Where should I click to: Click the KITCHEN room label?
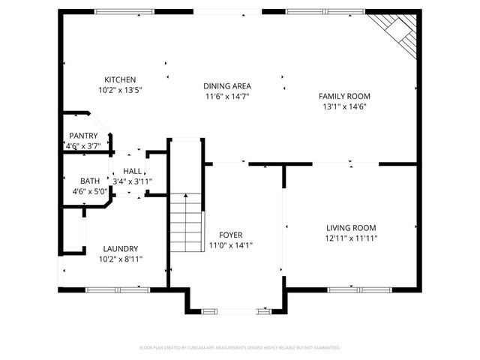point(120,79)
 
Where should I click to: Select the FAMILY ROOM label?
point(344,96)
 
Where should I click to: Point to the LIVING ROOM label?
point(351,228)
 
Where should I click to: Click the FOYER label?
point(230,235)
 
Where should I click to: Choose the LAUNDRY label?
point(120,249)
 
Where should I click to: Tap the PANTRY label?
point(82,136)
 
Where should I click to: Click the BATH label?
point(90,181)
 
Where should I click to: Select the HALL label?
point(133,172)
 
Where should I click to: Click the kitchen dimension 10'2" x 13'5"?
point(120,90)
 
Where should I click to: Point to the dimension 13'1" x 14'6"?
point(344,106)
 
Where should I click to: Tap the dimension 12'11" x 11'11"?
point(351,238)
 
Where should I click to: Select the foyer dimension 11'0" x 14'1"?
point(230,245)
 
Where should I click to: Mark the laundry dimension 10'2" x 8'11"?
point(120,259)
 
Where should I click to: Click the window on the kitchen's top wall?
point(124,11)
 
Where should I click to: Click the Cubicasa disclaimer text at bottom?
point(240,348)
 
